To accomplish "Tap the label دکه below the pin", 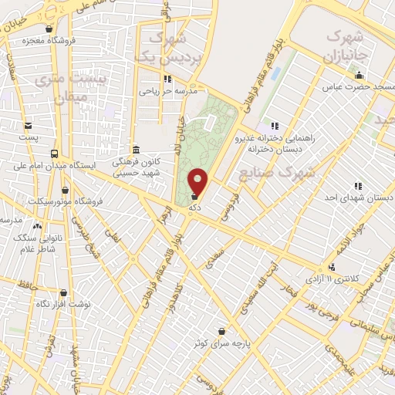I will [x=197, y=207].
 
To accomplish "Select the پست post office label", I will [x=29, y=137].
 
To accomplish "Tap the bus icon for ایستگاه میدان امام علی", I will [x=54, y=154].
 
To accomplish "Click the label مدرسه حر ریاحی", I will [x=169, y=90].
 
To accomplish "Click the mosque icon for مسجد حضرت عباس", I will [x=359, y=75].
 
